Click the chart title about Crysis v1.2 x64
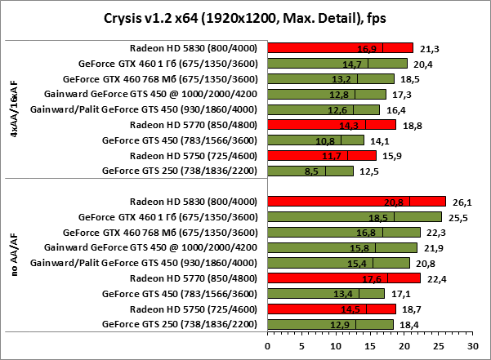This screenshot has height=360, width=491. click(x=245, y=19)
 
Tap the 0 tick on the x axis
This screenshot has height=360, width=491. click(x=267, y=345)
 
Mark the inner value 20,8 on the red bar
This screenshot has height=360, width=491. click(x=398, y=202)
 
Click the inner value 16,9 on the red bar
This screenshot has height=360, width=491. click(x=372, y=47)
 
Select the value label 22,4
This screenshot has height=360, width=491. click(x=433, y=278)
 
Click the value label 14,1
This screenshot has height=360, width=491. click(x=377, y=140)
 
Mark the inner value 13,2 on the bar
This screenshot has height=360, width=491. click(x=346, y=78)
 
